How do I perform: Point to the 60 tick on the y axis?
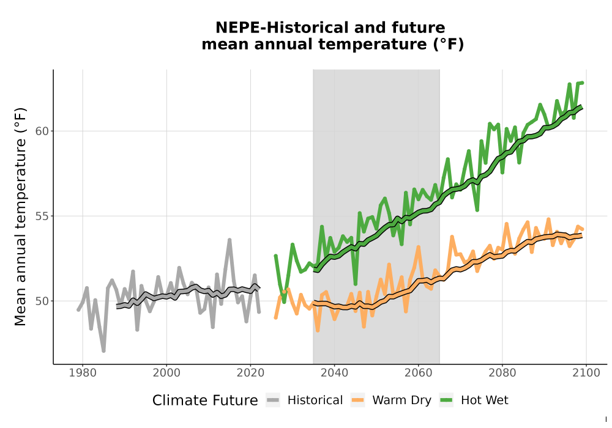coord(42,131)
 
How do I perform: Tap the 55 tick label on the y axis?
coord(42,216)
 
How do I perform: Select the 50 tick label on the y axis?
coord(42,301)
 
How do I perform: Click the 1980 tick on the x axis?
coord(83,373)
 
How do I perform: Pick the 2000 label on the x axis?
coord(166,373)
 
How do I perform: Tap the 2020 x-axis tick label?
coord(250,373)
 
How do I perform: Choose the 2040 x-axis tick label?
coord(335,373)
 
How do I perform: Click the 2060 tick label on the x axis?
coord(419,373)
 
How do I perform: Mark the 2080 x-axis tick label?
coord(502,373)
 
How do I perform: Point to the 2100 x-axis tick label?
coord(586,373)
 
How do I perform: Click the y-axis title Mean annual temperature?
coord(20,216)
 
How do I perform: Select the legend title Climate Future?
coord(205,400)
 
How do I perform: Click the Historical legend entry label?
coord(315,400)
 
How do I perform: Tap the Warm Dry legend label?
coord(401,400)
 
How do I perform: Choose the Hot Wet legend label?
coord(484,400)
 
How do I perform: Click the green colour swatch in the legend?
coord(446,400)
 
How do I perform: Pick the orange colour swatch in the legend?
coord(357,400)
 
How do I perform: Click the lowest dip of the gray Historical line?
coord(103,351)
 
